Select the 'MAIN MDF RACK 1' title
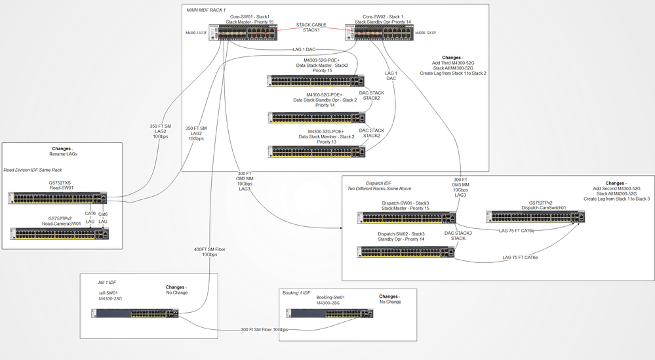click(208, 10)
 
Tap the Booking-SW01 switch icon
click(332, 313)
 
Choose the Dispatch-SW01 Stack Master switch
click(406, 217)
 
